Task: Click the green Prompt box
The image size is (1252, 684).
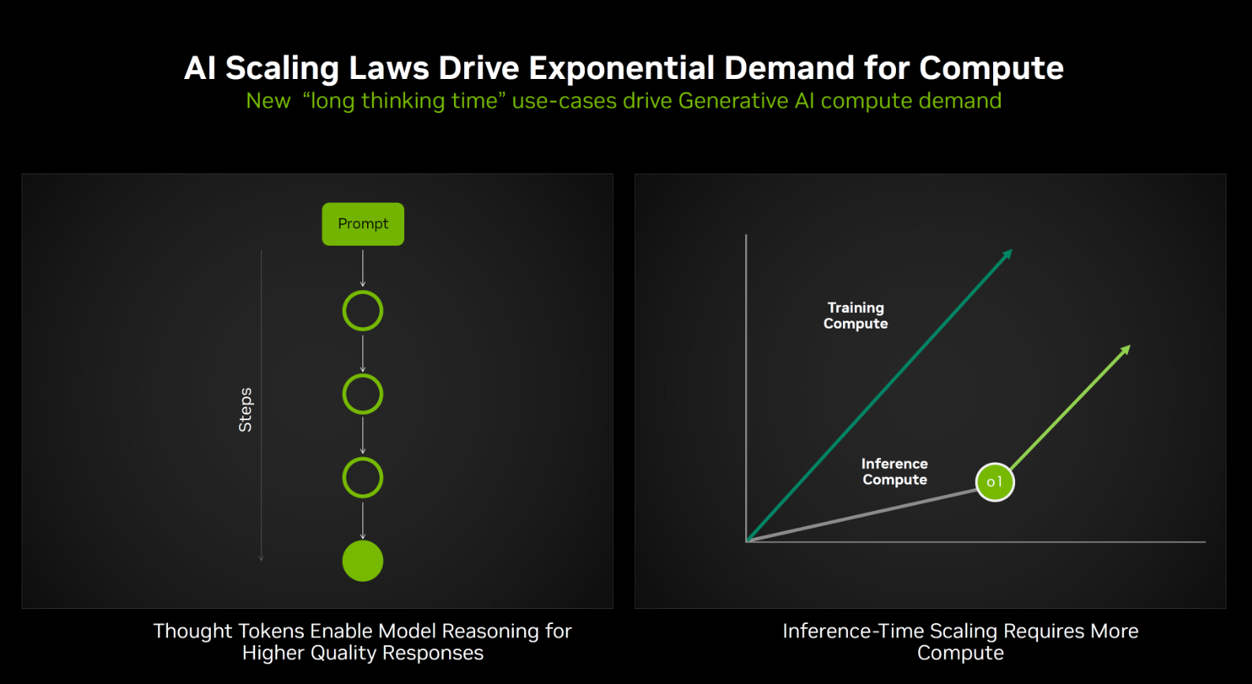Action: click(x=363, y=224)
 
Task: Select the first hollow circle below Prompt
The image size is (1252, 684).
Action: click(x=363, y=311)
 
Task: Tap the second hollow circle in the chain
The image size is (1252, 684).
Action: click(x=363, y=395)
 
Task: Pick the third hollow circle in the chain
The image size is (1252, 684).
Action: click(x=363, y=478)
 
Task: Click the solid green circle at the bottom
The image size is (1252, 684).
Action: click(x=363, y=562)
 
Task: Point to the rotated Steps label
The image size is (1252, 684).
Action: click(x=246, y=410)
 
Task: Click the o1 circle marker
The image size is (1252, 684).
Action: click(x=995, y=483)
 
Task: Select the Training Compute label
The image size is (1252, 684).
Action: click(x=856, y=316)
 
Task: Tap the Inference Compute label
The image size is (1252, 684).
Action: click(x=894, y=472)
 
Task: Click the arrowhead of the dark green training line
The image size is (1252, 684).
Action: click(x=1007, y=254)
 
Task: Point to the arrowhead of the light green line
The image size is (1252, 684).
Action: click(x=1126, y=350)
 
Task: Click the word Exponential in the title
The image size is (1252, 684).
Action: click(x=621, y=69)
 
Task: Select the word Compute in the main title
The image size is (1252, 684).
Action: click(x=991, y=69)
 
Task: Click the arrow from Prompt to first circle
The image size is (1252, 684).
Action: click(x=363, y=269)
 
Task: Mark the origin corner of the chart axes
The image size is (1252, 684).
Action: click(x=747, y=541)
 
